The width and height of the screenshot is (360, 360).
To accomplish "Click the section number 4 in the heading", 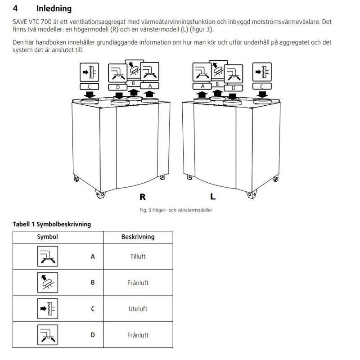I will tap(15, 9).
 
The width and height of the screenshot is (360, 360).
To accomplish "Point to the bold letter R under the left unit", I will tap(143, 197).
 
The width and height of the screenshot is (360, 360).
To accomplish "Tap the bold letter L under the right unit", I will tap(213, 197).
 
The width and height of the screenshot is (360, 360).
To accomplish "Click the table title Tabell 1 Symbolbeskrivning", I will tap(51, 224).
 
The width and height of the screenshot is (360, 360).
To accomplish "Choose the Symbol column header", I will tap(47, 237).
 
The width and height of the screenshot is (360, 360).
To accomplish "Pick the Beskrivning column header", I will tap(138, 237).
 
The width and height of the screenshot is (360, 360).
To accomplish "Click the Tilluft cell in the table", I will tap(138, 256).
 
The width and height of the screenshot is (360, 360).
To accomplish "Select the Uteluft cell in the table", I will tap(138, 309).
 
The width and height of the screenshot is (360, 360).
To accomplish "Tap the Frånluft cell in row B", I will tap(138, 283).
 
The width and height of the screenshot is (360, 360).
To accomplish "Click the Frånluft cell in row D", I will tap(138, 335).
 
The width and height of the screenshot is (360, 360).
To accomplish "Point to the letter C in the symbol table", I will tap(93, 309).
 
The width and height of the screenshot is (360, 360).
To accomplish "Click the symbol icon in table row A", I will tap(45, 256).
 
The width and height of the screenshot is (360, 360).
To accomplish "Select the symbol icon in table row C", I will tap(45, 309).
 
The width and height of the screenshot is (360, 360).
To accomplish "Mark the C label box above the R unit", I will tap(89, 86).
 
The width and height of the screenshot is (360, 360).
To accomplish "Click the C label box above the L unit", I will tap(262, 86).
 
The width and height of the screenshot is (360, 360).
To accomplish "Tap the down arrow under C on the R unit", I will tap(90, 94).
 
